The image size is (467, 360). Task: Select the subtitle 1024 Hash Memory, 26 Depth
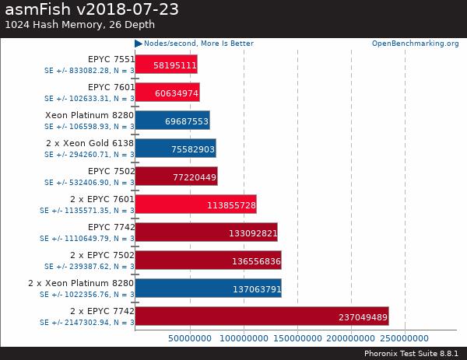[77, 24]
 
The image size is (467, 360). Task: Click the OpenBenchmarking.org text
[415, 44]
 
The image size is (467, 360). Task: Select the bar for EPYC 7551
[166, 64]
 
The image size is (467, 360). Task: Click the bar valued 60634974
[167, 92]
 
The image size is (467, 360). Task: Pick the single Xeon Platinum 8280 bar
[172, 120]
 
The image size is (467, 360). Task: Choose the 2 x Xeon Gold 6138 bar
[175, 148]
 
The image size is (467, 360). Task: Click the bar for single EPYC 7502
[176, 176]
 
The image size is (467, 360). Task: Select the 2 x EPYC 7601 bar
[195, 204]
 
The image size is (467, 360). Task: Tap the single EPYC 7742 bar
[206, 232]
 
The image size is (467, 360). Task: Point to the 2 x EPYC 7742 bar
[262, 316]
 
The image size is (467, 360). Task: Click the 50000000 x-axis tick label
[190, 338]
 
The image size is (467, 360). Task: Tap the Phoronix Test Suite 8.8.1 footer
[411, 353]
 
